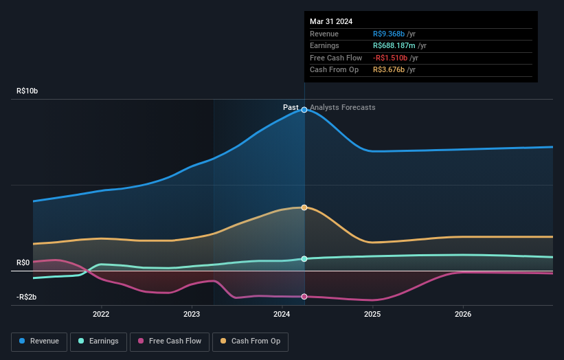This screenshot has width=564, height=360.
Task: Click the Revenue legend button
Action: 39,341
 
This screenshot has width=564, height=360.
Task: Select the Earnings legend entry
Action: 98,341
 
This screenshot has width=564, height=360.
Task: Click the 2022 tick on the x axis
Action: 101,315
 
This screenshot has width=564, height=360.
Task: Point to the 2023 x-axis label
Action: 192,315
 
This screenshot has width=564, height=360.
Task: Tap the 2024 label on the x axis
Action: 282,315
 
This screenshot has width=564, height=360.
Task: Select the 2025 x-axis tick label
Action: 372,315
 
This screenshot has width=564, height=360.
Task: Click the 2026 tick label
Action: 463,315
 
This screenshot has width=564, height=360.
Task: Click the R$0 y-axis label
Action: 23,263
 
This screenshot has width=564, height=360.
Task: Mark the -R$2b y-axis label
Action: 27,297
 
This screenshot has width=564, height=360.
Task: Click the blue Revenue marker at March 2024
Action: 304,110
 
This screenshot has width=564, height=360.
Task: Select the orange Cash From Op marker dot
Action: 304,207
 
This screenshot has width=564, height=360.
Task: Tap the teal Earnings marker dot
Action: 304,259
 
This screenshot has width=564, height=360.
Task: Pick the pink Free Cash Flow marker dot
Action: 304,296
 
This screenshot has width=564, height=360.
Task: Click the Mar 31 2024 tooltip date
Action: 331,21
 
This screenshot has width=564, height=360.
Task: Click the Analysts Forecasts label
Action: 343,107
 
